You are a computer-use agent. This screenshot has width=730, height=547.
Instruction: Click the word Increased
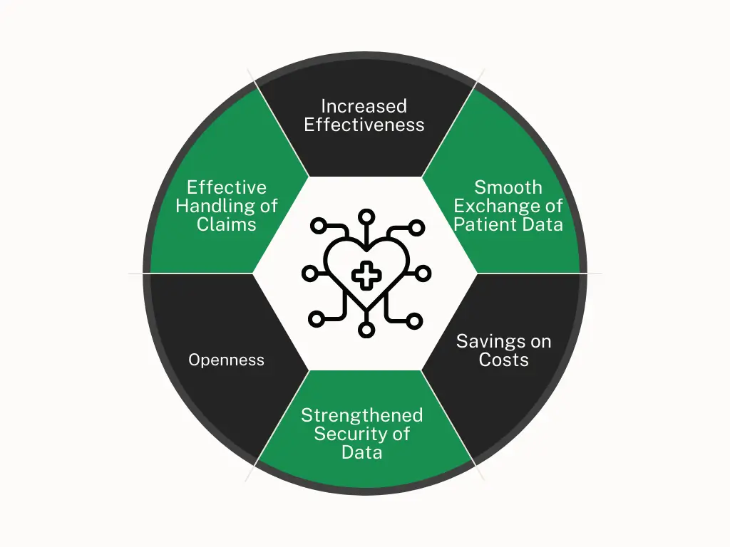tap(364, 106)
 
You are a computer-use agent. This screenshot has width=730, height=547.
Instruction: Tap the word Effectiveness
tap(364, 125)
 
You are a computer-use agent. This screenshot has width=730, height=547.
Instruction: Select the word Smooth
tap(508, 187)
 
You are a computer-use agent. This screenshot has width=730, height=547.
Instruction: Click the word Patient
tap(485, 224)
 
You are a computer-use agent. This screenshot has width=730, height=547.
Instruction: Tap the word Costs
tap(504, 360)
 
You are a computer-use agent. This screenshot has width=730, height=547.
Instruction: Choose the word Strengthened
tap(361, 415)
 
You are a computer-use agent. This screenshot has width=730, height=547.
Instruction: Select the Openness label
tap(226, 360)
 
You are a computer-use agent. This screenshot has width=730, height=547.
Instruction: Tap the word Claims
tap(226, 224)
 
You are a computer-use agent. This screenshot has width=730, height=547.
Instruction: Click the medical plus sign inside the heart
tap(366, 276)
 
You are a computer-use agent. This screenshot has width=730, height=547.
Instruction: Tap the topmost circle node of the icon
tap(366, 217)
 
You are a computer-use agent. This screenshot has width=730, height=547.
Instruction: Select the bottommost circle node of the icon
tap(366, 330)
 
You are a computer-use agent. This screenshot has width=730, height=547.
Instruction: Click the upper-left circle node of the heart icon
tap(319, 226)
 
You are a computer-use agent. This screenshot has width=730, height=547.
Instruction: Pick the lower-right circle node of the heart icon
tap(414, 321)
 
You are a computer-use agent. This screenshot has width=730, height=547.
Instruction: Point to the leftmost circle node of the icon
tap(310, 273)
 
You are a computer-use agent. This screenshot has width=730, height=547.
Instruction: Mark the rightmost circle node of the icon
tap(423, 273)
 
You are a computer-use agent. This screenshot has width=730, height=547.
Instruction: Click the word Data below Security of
tap(361, 452)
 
